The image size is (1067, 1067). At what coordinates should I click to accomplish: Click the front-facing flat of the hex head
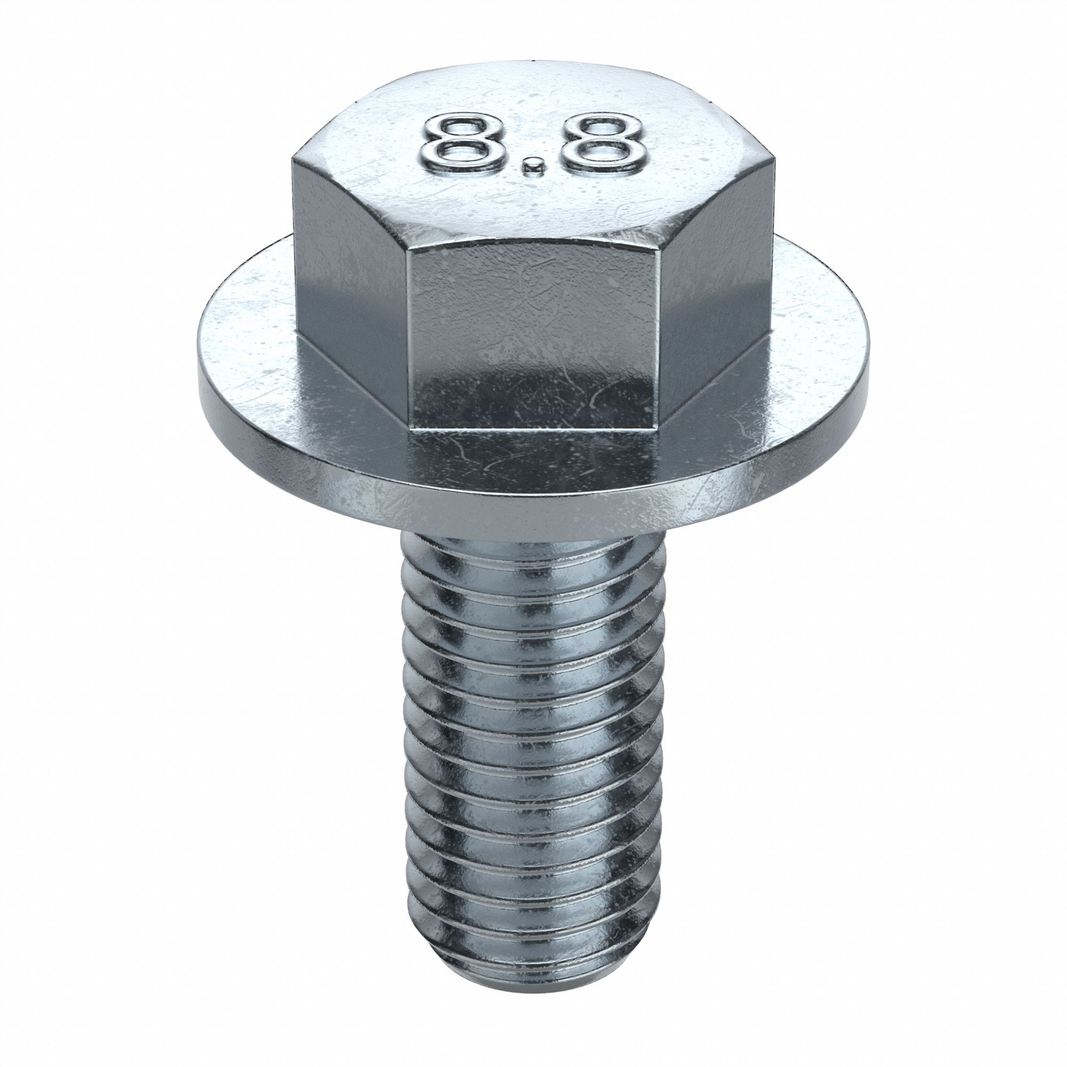(533, 343)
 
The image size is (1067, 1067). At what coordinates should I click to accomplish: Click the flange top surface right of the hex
(817, 331)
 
